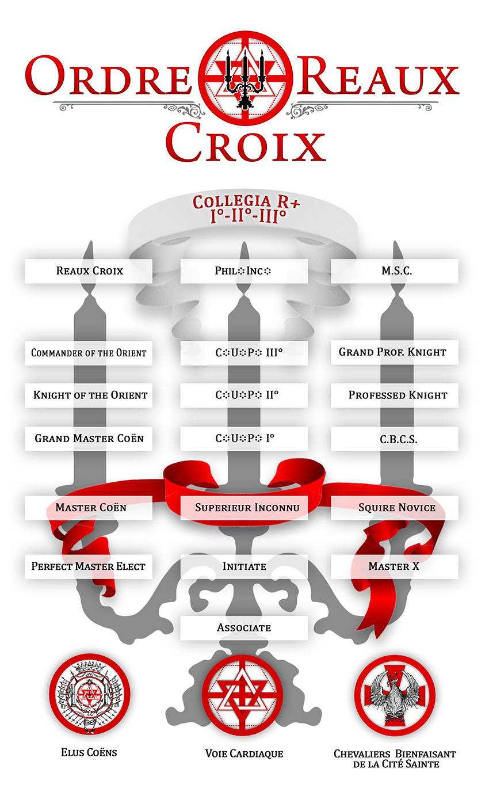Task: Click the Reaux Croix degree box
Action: [89, 271]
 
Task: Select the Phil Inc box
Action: [244, 271]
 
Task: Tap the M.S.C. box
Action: [394, 271]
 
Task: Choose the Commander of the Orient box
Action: [89, 353]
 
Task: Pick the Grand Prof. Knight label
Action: [392, 352]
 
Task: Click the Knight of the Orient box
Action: [89, 395]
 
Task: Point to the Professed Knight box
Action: [394, 395]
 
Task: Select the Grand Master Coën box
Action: [89, 439]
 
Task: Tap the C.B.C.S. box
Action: [394, 439]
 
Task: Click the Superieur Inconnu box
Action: [244, 508]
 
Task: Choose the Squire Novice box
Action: [394, 508]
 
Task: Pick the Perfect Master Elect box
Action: [89, 566]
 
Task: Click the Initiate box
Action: [244, 566]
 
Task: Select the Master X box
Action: [394, 566]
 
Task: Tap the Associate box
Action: [244, 628]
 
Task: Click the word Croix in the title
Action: [246, 143]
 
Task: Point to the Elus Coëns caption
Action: [89, 752]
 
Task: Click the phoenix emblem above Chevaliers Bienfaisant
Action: [395, 694]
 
